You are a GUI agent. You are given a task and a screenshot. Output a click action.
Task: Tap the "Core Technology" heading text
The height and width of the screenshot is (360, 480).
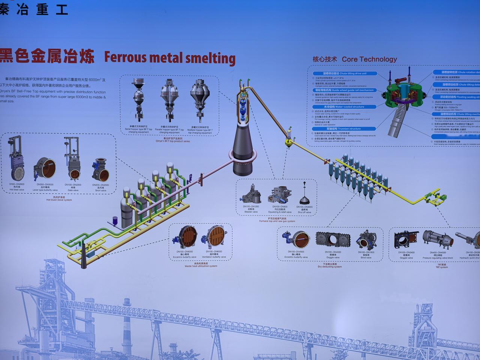(x=369, y=59)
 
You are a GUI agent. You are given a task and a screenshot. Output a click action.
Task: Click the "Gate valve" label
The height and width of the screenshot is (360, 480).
(x=73, y=190)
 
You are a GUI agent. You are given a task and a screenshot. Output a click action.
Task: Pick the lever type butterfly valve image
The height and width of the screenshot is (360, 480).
(x=45, y=169)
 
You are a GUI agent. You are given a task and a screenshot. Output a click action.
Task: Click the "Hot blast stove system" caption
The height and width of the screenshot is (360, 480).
(x=59, y=200)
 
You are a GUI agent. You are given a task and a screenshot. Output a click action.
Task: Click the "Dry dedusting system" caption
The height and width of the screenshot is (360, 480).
(x=330, y=267)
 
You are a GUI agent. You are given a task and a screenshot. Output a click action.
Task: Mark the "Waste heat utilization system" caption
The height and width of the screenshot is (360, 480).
(x=201, y=266)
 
